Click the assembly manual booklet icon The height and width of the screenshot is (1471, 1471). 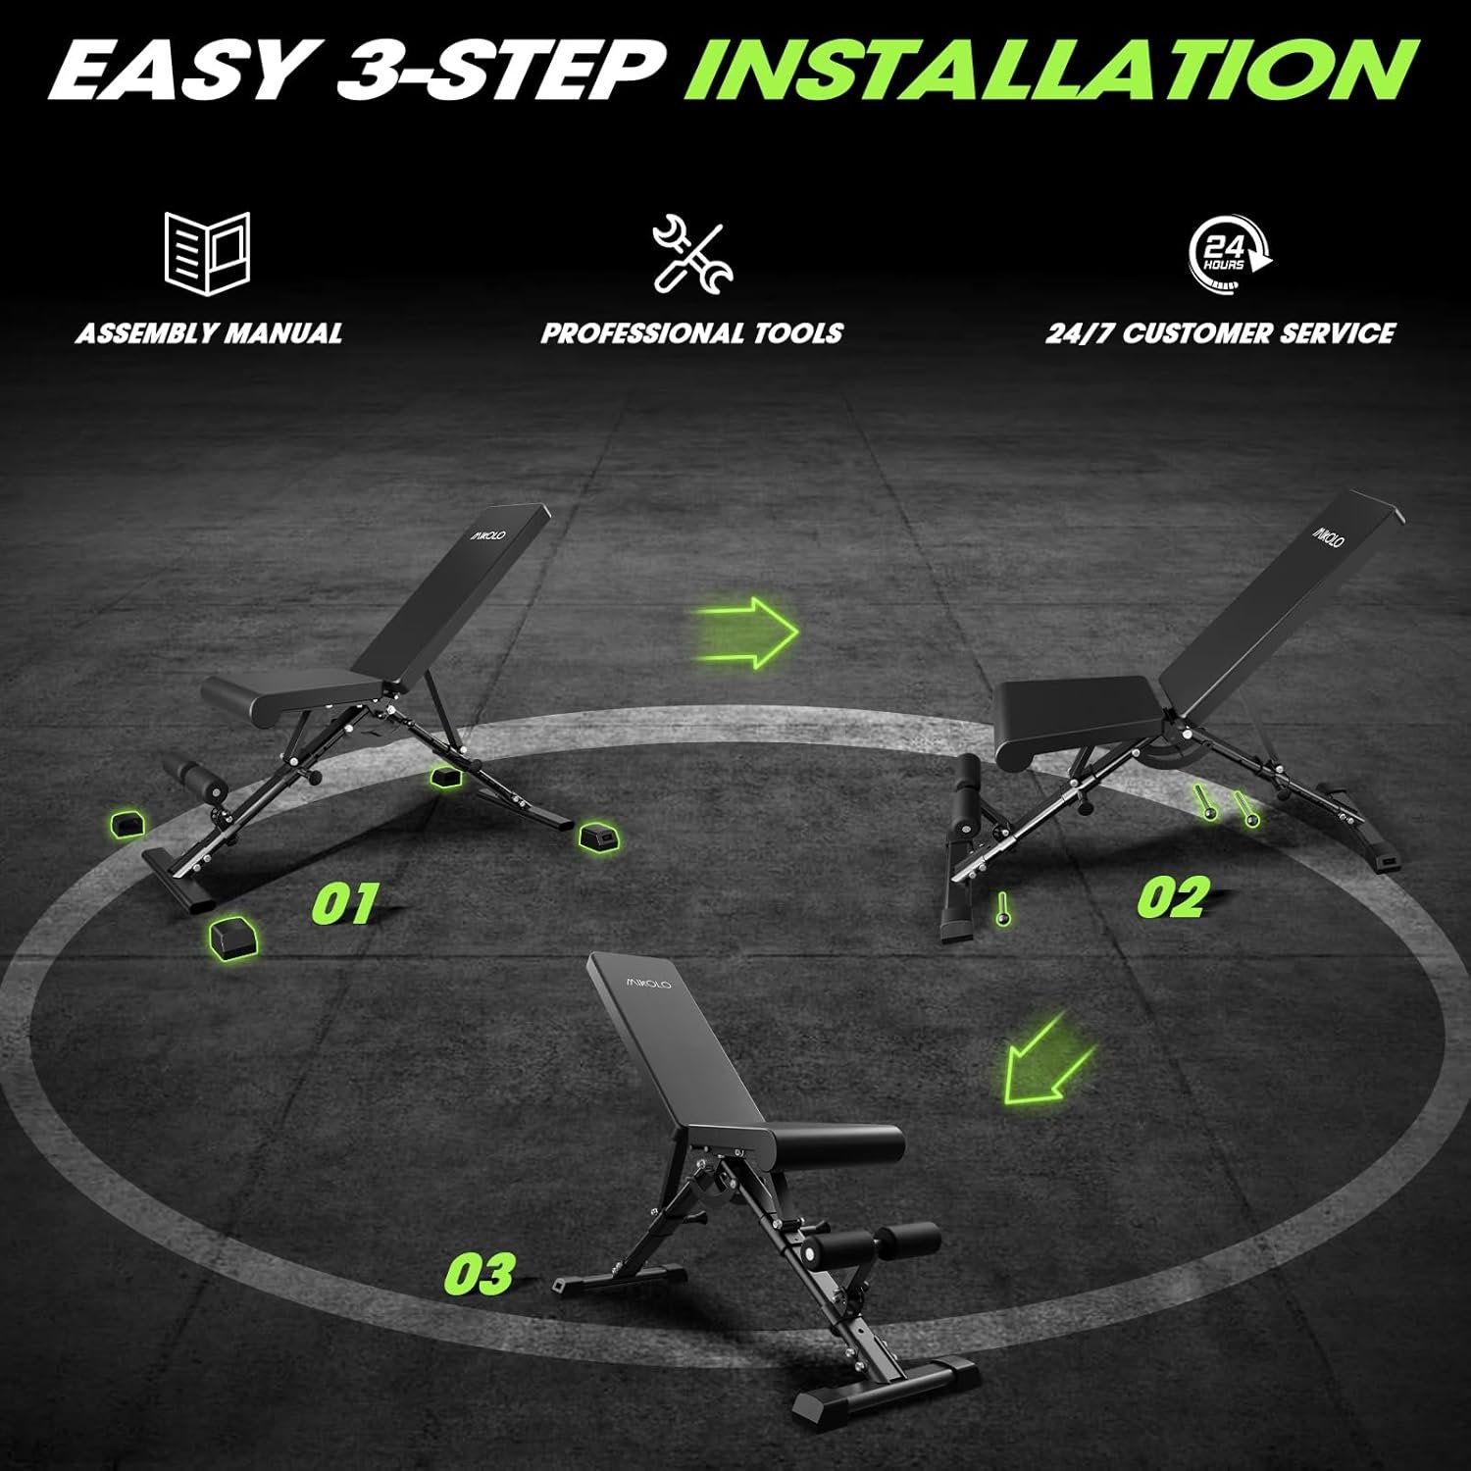point(207,254)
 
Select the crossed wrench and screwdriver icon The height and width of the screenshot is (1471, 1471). point(692,255)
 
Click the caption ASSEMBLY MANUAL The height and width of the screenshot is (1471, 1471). point(209,333)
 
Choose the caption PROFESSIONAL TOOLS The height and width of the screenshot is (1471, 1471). point(691,333)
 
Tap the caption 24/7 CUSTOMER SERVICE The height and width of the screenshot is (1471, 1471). point(1220,333)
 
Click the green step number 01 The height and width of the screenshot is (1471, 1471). point(344,903)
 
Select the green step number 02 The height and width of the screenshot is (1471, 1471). point(1174,897)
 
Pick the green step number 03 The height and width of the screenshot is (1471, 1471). point(480,1273)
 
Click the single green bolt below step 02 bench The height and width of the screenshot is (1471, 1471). point(1001,909)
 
